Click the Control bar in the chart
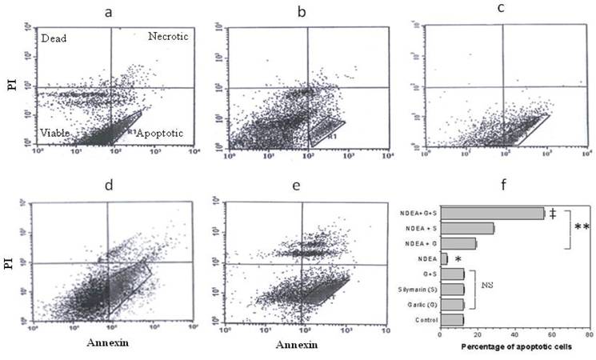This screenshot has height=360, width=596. click(x=452, y=320)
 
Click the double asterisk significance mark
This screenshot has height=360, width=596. click(x=582, y=228)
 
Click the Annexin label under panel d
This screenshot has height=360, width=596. click(x=107, y=347)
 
